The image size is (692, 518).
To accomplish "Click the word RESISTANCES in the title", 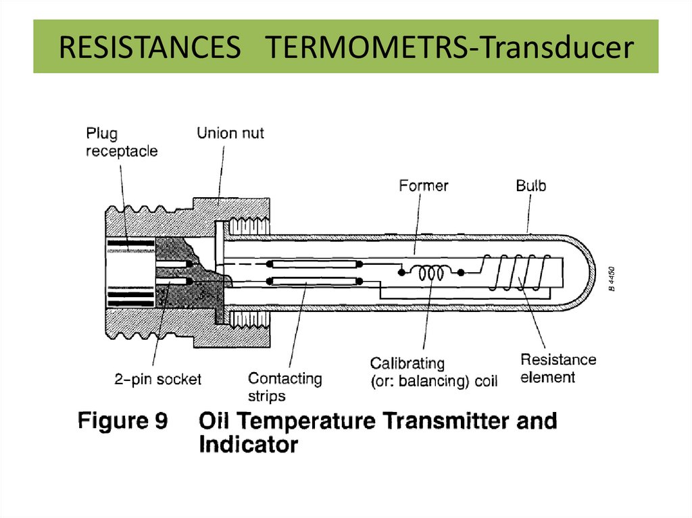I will tap(150, 49).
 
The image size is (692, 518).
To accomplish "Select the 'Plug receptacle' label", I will tap(122, 142).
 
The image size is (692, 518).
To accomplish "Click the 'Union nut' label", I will tap(230, 133).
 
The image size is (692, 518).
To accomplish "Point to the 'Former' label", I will tap(424, 184).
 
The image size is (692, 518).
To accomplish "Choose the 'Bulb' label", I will tap(530, 185).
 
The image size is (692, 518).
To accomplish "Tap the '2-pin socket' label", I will tap(157, 380).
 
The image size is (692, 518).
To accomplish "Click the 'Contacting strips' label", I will tap(285, 387).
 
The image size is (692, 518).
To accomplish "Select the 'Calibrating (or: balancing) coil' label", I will tap(434, 373).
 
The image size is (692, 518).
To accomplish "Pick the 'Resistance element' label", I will tap(558, 368).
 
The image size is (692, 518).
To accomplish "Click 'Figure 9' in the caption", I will tap(122, 421).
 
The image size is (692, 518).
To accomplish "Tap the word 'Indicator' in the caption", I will tap(248, 445).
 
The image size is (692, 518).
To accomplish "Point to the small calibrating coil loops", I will tap(430, 273).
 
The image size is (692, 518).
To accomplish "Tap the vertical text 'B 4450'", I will tap(611, 278).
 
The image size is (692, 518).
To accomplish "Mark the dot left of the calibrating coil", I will tap(402, 273).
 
